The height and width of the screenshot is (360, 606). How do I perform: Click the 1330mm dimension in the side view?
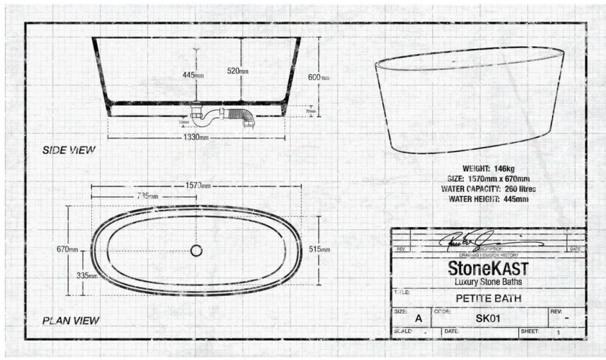(196, 137)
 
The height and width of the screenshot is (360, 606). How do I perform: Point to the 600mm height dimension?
(318, 78)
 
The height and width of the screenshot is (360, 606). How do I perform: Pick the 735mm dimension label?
(148, 196)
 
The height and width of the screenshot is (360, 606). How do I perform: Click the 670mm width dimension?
(67, 249)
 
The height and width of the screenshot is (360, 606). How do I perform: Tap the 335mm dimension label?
(87, 275)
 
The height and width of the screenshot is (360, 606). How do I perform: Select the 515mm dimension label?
(319, 249)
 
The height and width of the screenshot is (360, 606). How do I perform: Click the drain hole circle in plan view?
(196, 251)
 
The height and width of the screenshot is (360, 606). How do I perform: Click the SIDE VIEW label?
(69, 150)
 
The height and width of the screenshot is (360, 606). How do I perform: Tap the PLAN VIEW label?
(71, 320)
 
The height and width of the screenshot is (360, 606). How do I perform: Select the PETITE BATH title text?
(488, 298)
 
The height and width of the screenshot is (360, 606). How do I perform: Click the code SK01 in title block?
(488, 318)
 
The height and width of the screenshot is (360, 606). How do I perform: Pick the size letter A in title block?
(419, 318)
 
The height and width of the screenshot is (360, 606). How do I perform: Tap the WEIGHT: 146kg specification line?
(489, 168)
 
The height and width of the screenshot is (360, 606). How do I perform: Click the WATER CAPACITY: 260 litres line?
(489, 189)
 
